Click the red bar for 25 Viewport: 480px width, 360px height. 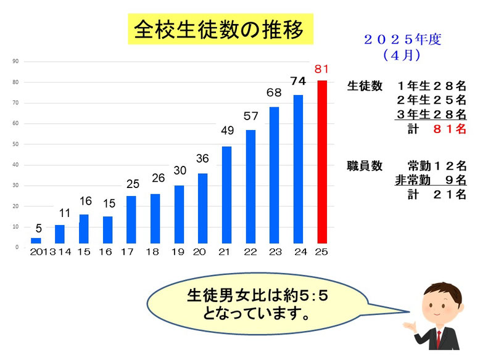coord(322,162)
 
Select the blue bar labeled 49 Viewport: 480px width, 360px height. coord(226,194)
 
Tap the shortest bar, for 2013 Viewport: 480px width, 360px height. coord(36,240)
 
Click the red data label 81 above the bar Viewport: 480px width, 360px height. coord(322,68)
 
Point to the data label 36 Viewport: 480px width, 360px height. coord(202,158)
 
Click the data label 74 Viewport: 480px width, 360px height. coord(298,81)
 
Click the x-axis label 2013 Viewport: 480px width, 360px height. coord(41,253)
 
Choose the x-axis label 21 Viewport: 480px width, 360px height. coord(226,253)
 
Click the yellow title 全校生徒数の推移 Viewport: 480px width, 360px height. coord(219,30)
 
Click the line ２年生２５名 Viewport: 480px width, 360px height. coord(431,100)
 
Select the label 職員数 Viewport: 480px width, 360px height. coord(365,166)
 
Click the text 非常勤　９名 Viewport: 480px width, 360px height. coord(430,181)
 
